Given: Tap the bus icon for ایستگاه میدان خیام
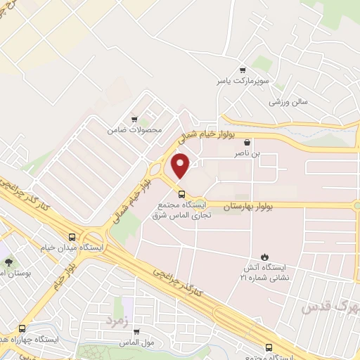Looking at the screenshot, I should tap(73, 237).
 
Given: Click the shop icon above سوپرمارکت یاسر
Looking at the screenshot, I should tap(243, 70).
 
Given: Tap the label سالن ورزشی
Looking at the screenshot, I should tap(288, 102).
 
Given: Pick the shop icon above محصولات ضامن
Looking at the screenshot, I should tap(135, 120).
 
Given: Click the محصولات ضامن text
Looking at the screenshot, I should tap(135, 130).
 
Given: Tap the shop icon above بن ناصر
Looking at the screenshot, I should tap(242, 141).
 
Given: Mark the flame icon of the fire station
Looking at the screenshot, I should tap(265, 257).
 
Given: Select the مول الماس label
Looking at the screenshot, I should tap(141, 342).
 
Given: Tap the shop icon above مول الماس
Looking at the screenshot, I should tap(136, 332).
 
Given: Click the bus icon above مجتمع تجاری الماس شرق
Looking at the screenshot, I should tap(181, 194).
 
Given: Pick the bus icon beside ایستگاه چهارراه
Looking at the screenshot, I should tap(22, 328).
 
